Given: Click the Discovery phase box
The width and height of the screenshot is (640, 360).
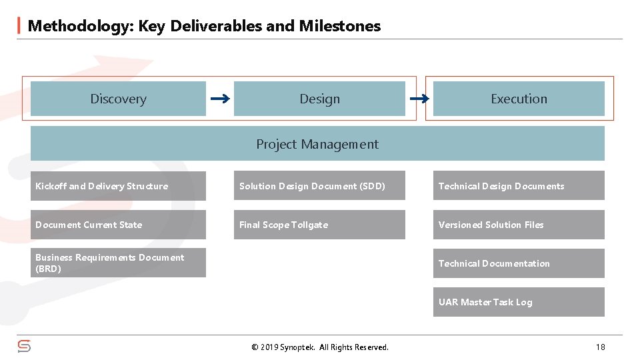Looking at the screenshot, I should pos(118,99).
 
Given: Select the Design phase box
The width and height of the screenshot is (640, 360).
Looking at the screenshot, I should pos(319,99).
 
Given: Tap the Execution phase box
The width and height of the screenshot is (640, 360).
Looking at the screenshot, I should pos(519,99).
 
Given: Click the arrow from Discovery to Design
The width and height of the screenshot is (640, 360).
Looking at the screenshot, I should pos(220,99).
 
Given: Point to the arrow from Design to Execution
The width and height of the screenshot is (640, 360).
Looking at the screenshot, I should pos(419,99).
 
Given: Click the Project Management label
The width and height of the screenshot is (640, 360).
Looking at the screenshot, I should pos(317,144).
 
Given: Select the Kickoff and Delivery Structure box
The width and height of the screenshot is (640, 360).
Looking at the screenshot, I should pos(118,186).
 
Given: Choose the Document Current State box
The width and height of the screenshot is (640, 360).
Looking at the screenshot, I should pos(118,225).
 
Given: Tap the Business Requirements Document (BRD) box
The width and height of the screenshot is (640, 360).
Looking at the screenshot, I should pos(118,263).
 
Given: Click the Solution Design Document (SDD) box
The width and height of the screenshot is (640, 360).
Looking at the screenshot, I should pos(319,186).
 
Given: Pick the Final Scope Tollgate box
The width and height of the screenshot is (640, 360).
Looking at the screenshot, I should pos(319,225).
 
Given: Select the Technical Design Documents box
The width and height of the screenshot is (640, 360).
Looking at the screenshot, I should pos(519,186).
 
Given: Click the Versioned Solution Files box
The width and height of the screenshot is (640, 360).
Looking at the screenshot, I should pos(519,225).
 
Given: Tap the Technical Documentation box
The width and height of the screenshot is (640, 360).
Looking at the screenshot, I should pos(519,263).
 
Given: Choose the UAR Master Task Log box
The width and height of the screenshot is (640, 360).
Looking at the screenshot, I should pos(519,302).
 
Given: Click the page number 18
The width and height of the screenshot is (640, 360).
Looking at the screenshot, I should pos(601,347).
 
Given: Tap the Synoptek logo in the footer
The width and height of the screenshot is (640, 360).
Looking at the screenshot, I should pos(24,347).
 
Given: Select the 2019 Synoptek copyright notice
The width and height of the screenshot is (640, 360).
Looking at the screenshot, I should pos(319,347).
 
